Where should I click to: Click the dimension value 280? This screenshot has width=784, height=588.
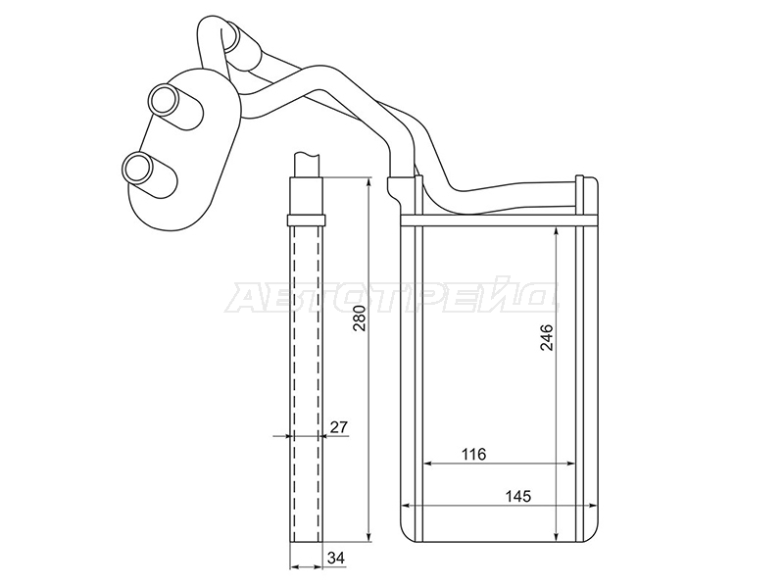pyautogui.click(x=361, y=318)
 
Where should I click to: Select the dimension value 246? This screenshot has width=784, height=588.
pyautogui.click(x=547, y=337)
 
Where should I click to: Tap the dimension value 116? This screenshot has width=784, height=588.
pyautogui.click(x=473, y=454)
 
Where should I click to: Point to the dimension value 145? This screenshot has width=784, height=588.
pyautogui.click(x=518, y=497)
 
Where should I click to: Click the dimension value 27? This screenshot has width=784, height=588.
pyautogui.click(x=338, y=427)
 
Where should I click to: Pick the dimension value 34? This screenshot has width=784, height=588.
pyautogui.click(x=336, y=558)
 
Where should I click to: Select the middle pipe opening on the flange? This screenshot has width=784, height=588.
pyautogui.click(x=164, y=100)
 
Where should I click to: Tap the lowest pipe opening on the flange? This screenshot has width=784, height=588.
pyautogui.click(x=136, y=167)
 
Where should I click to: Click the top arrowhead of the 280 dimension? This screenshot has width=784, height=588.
pyautogui.click(x=368, y=181)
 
